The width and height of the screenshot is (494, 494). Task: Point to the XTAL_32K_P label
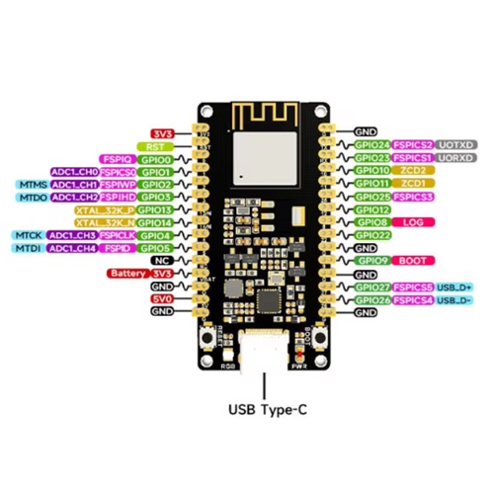click(x=103, y=209)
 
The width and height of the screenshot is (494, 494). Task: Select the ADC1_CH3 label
click(x=72, y=235)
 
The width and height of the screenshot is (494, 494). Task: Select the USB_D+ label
click(x=454, y=287)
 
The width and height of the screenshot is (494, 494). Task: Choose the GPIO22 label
click(x=372, y=235)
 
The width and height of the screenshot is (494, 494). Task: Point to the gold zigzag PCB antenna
click(x=264, y=115)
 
